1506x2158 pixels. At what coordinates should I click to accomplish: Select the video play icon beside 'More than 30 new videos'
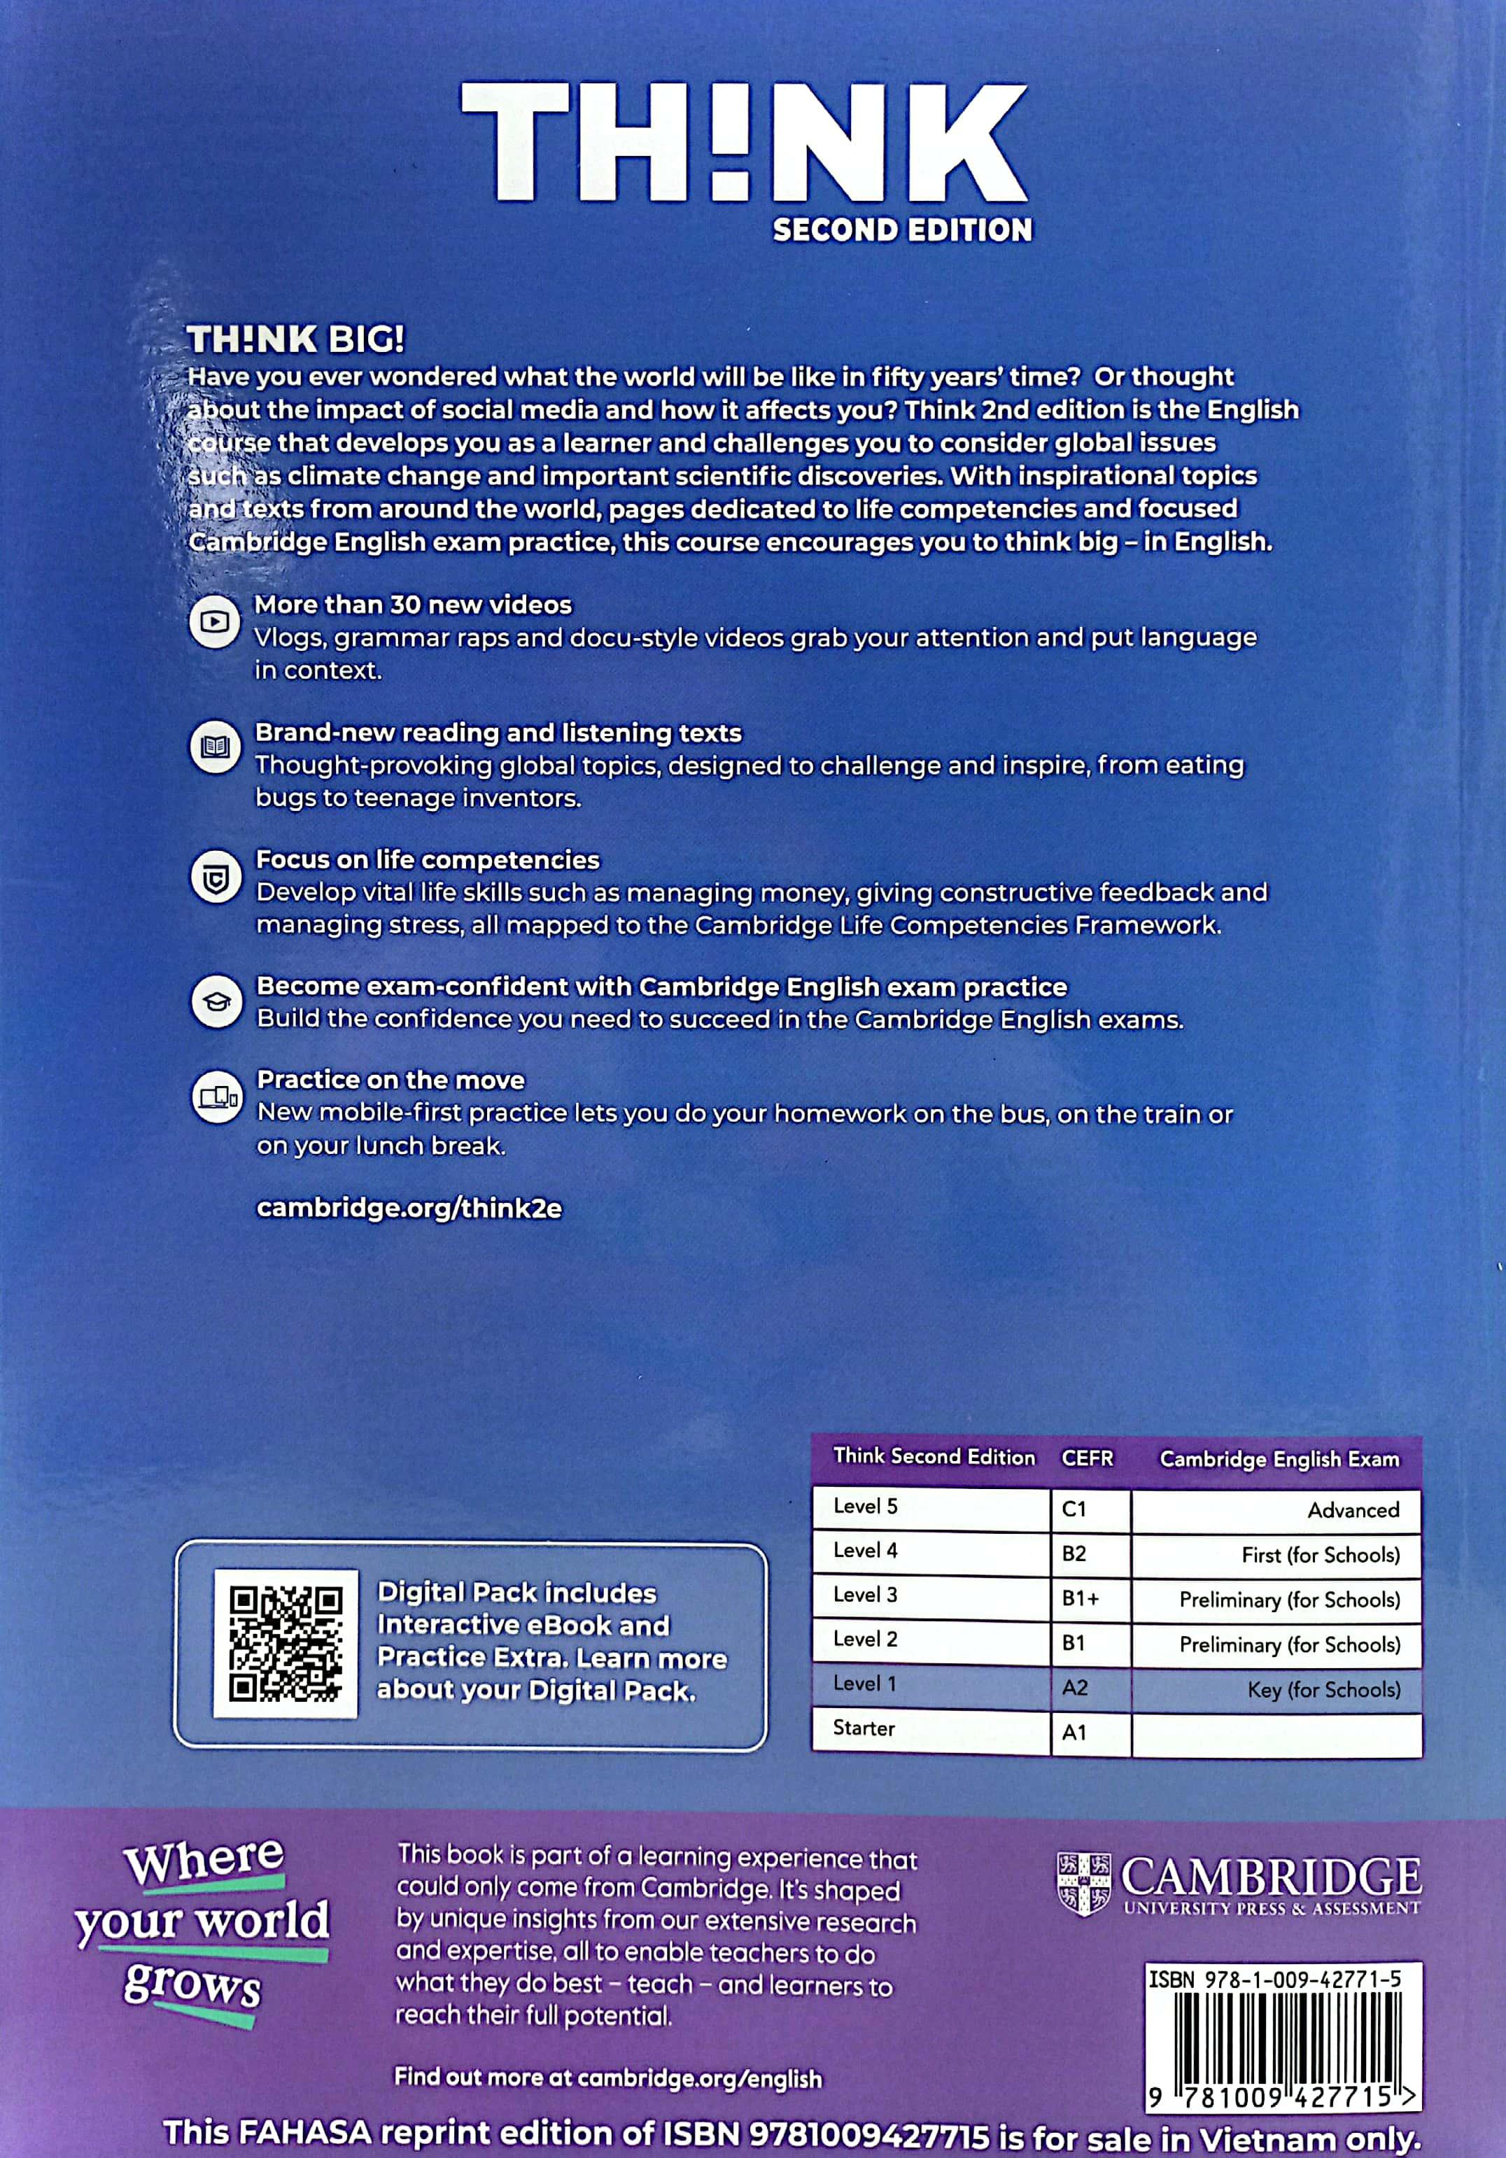tap(216, 621)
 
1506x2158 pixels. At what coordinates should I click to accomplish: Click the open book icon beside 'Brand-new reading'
tap(216, 748)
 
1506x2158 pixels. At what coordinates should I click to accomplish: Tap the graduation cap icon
tap(216, 1002)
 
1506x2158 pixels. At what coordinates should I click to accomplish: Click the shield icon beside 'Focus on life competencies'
tap(216, 877)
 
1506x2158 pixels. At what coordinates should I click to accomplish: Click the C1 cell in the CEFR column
tap(1089, 1509)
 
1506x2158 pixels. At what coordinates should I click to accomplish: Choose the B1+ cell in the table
tap(1089, 1599)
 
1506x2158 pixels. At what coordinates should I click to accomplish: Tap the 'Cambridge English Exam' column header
tap(1279, 1459)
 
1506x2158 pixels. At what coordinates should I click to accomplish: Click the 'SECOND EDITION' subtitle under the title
tap(901, 230)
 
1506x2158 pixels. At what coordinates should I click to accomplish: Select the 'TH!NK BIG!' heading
tap(296, 339)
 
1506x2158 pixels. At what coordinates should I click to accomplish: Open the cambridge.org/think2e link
tap(409, 1208)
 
